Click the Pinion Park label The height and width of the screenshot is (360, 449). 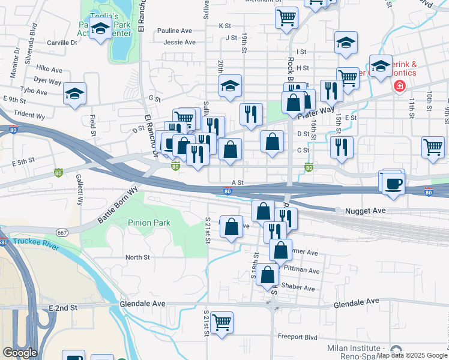click(x=149, y=223)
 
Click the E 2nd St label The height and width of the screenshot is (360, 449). click(x=64, y=307)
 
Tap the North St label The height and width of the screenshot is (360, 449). click(x=137, y=257)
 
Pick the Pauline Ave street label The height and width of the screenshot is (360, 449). click(x=174, y=31)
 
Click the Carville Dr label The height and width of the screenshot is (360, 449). click(x=62, y=43)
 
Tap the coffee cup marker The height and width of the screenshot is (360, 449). click(x=394, y=183)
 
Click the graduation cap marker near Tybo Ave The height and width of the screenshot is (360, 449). click(x=74, y=94)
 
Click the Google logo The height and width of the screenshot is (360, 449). click(x=20, y=353)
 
